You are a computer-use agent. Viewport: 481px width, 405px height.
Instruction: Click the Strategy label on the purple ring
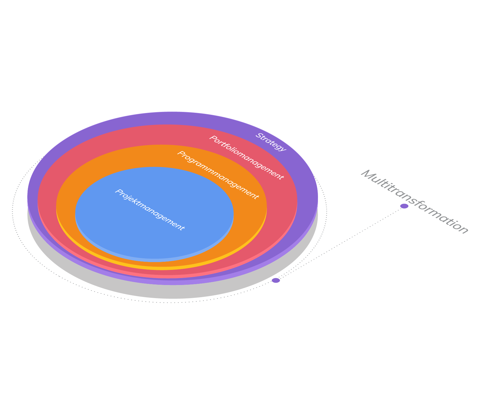(271, 142)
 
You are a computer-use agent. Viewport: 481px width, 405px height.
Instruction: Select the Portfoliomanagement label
(246, 157)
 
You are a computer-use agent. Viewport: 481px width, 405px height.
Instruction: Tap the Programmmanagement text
(218, 175)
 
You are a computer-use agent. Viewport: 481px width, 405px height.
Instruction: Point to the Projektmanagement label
(150, 210)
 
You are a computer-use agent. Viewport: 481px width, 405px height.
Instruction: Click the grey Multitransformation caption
(414, 202)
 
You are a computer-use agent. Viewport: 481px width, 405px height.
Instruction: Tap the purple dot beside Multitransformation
(404, 206)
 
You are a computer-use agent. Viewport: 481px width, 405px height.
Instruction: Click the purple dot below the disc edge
(276, 280)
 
